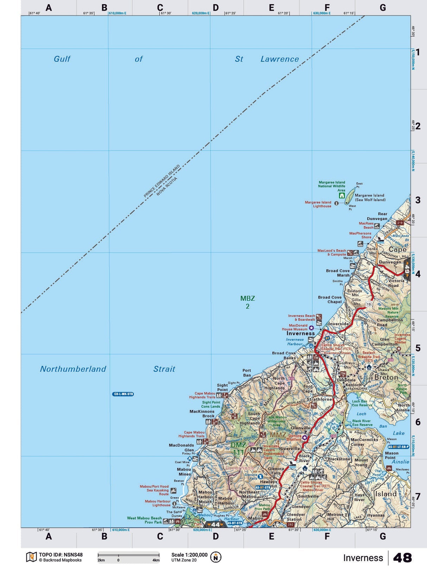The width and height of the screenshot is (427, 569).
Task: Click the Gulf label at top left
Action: [x=62, y=59]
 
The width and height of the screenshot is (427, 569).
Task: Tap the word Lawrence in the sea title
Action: [x=280, y=59]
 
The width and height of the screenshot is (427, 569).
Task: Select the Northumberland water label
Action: [x=73, y=369]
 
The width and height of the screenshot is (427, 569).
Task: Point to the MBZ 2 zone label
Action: [x=247, y=302]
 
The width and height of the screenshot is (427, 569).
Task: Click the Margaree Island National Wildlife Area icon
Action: [x=342, y=195]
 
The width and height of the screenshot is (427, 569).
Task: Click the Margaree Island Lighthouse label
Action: [x=318, y=204]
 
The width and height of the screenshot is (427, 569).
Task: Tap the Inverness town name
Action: [x=300, y=333]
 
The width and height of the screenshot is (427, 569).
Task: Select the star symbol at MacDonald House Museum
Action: [x=311, y=328]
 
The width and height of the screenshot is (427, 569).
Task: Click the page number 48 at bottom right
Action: [x=402, y=558]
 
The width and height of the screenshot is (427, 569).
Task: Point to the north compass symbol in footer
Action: [x=216, y=557]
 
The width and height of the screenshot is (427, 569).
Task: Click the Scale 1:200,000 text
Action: [x=189, y=555]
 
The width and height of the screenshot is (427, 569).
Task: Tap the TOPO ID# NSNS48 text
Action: [x=60, y=555]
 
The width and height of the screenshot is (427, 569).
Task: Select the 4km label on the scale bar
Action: [x=156, y=561]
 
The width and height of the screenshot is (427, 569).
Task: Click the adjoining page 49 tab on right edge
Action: [x=407, y=269]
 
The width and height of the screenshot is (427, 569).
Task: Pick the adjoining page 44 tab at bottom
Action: [x=215, y=525]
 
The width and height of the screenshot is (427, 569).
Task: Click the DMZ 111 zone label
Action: [x=238, y=449]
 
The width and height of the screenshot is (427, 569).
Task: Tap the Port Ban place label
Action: [x=247, y=372]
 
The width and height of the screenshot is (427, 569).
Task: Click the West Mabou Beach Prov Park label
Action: [x=144, y=520]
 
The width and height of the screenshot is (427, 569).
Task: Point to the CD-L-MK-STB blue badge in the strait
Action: [x=123, y=394]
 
